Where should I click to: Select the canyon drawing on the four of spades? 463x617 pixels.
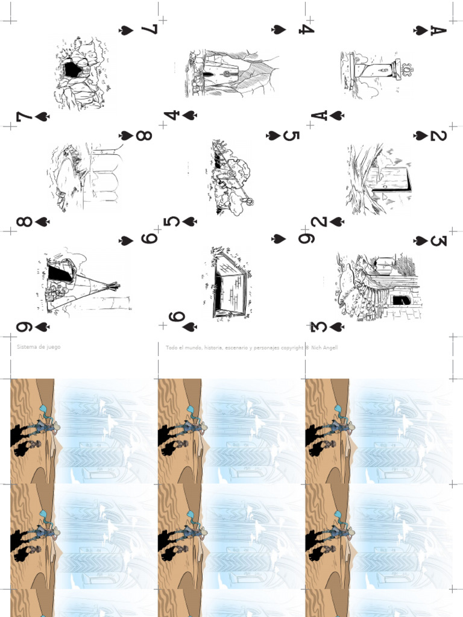(232, 74)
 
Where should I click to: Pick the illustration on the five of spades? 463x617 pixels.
(231, 178)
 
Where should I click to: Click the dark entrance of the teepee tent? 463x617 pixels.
(60, 273)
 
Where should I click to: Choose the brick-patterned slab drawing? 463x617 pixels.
(229, 283)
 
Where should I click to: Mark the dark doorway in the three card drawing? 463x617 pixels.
(401, 299)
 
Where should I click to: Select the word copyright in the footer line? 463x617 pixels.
(291, 348)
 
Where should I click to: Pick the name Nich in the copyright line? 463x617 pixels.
(316, 348)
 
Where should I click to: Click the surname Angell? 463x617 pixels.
(330, 348)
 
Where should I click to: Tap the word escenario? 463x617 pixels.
(236, 348)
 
